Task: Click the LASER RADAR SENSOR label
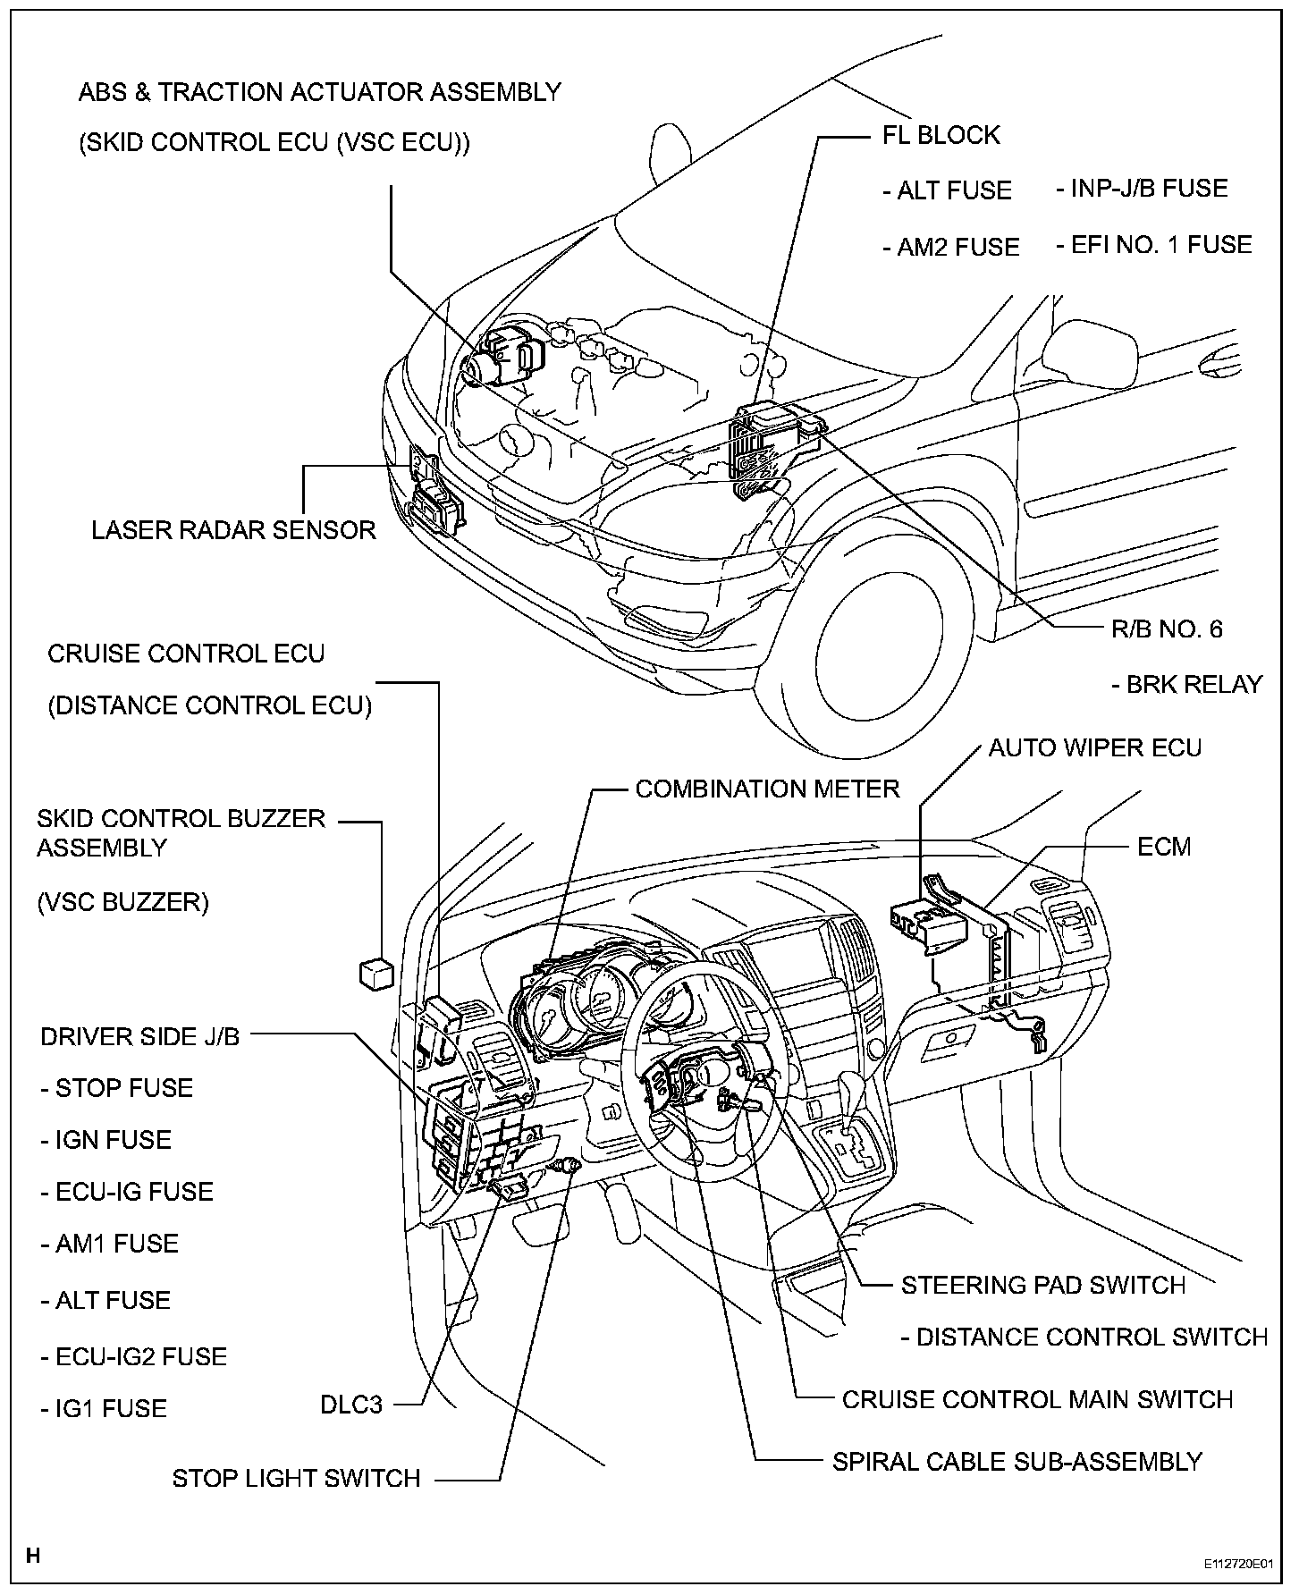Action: pyautogui.click(x=233, y=530)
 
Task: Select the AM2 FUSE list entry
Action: pyautogui.click(x=950, y=247)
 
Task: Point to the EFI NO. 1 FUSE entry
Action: pyautogui.click(x=1154, y=245)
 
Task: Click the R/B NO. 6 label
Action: pyautogui.click(x=1166, y=629)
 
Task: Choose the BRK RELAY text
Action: pyautogui.click(x=1187, y=685)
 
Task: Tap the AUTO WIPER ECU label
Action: pyautogui.click(x=1094, y=747)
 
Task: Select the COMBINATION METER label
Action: pyautogui.click(x=767, y=789)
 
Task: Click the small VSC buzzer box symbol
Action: pyautogui.click(x=375, y=974)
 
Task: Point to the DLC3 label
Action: pyautogui.click(x=351, y=1405)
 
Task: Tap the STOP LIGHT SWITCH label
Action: pyautogui.click(x=296, y=1478)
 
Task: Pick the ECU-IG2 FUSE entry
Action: pyautogui.click(x=134, y=1356)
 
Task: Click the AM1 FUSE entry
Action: pyautogui.click(x=109, y=1244)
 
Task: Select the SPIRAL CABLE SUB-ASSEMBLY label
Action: pyautogui.click(x=1017, y=1462)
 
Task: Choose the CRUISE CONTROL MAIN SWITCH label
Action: pyautogui.click(x=1037, y=1399)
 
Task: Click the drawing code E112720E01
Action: pyautogui.click(x=1237, y=1565)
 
